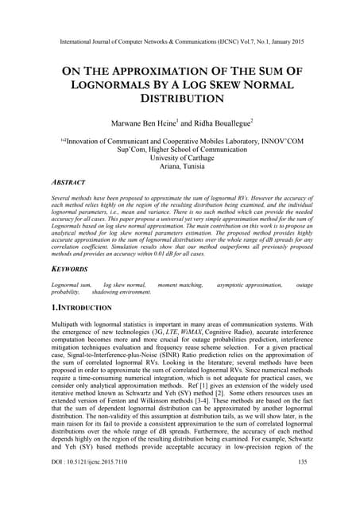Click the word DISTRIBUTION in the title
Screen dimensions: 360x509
point(180,100)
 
